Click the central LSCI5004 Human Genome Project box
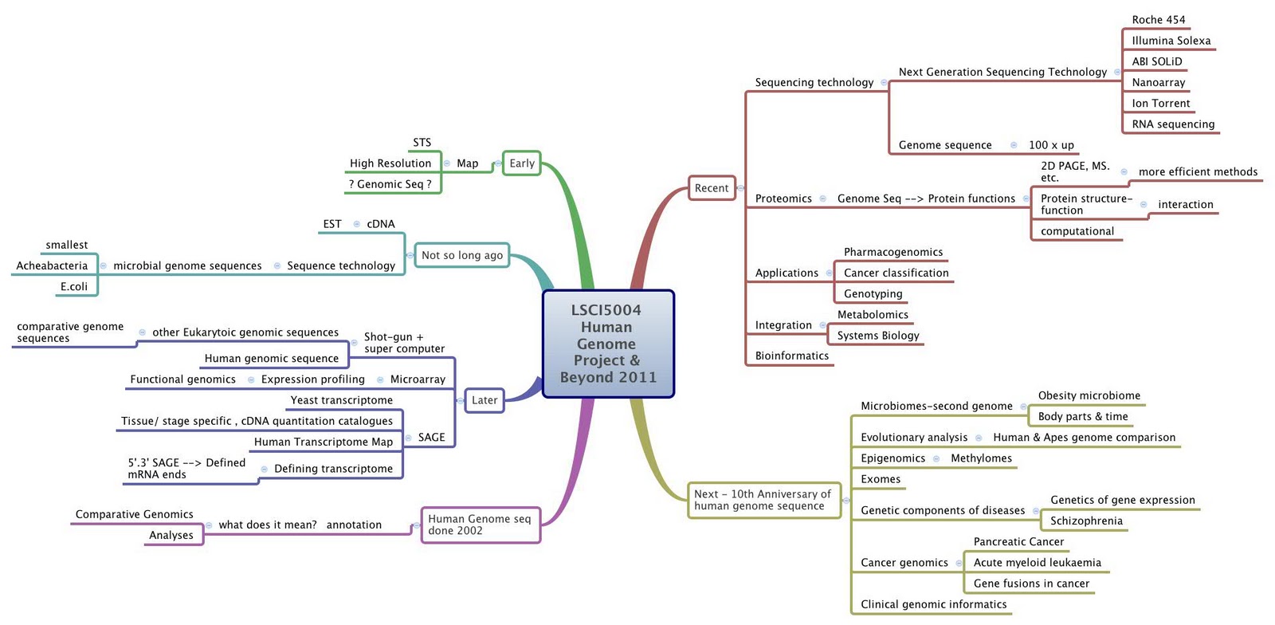click(x=608, y=344)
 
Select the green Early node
click(x=522, y=163)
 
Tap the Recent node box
click(x=711, y=188)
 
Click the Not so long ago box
click(x=461, y=255)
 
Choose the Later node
click(x=484, y=400)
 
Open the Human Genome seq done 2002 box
click(x=480, y=525)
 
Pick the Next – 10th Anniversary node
click(x=763, y=500)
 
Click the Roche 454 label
click(x=1158, y=20)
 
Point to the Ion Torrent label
click(x=1160, y=104)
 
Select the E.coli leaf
click(x=74, y=287)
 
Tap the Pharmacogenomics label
click(x=892, y=252)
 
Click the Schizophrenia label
click(x=1085, y=521)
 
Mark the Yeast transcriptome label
click(x=341, y=400)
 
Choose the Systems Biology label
click(x=877, y=336)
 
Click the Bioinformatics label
click(x=791, y=356)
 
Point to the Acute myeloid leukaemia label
click(x=1037, y=563)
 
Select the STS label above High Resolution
click(x=422, y=143)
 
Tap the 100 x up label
click(x=1050, y=145)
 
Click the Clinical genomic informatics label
click(x=933, y=604)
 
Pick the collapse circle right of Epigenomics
click(x=936, y=458)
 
